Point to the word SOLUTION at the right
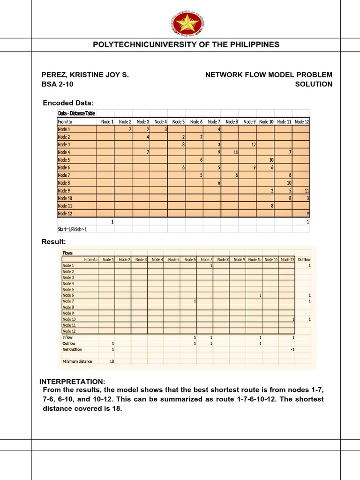[314, 84]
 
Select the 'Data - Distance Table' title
[77, 113]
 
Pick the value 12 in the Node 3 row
[253, 144]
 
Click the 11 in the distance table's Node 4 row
[235, 152]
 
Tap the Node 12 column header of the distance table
[302, 121]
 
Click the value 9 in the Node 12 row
[307, 214]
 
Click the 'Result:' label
[54, 241]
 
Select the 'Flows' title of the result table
[67, 253]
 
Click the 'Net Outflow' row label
[72, 349]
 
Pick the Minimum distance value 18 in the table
[112, 361]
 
